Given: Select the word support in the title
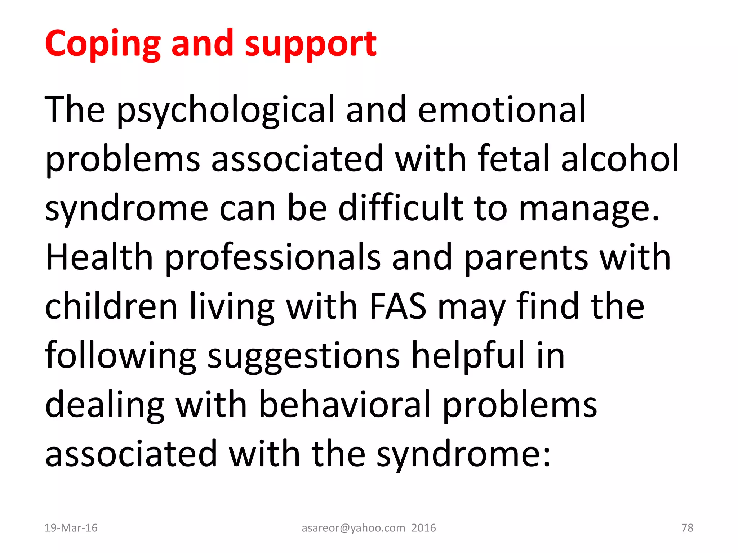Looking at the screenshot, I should tap(311, 44).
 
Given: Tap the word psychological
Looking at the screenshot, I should tap(226, 110).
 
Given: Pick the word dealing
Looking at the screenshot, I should tap(105, 405).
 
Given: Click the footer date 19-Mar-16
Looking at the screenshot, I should tap(71, 528).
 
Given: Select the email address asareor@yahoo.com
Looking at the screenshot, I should tap(353, 528).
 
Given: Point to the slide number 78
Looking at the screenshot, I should tap(687, 528).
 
